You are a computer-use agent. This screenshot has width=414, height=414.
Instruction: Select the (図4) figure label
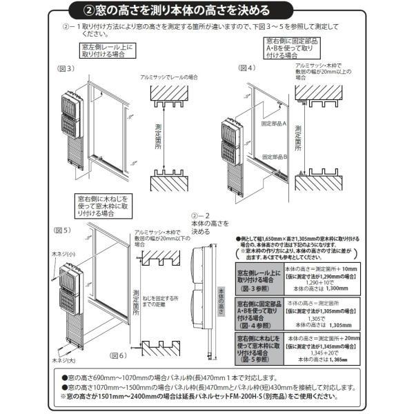click(x=247, y=68)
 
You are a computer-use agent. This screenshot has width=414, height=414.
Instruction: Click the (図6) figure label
click(x=119, y=356)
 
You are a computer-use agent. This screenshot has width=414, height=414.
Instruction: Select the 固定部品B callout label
click(x=274, y=158)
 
